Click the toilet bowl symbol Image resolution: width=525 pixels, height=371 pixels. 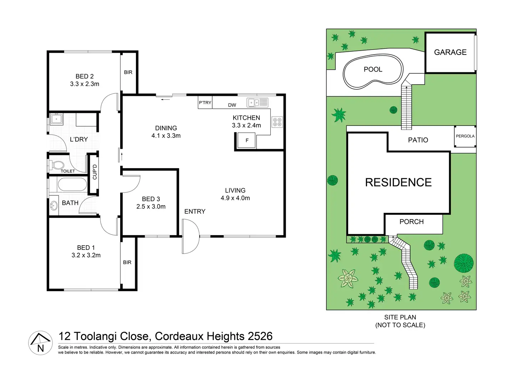(x=56, y=165)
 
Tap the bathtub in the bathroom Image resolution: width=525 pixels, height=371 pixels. (x=72, y=185)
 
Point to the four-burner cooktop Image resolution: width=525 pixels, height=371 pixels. (x=277, y=122)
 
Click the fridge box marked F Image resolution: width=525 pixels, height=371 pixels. (x=246, y=140)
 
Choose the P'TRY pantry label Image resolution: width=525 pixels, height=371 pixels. (x=205, y=103)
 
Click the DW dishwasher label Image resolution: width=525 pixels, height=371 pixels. (x=232, y=105)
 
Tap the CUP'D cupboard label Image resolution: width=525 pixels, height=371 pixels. (x=95, y=172)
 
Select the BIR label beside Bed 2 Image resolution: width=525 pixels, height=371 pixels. (x=128, y=72)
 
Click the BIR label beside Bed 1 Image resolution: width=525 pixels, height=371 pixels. (x=127, y=263)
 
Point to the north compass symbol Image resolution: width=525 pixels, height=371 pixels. (x=41, y=343)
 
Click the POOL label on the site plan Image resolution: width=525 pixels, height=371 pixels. (x=373, y=69)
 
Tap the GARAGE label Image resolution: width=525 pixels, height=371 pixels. (x=450, y=52)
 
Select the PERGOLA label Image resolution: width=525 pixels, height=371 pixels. (x=465, y=136)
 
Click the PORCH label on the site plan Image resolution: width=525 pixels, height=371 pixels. (x=412, y=222)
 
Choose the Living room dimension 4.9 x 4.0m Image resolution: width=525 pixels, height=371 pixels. (x=235, y=198)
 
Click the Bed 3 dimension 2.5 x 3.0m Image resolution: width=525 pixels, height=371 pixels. (x=151, y=207)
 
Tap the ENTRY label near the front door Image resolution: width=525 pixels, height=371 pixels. (x=195, y=211)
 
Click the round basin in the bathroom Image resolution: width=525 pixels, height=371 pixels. (x=54, y=206)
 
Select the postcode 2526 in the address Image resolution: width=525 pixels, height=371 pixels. (x=260, y=336)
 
